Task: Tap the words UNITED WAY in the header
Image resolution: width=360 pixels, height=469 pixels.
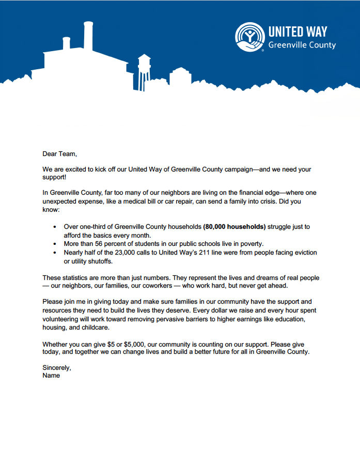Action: click(x=298, y=31)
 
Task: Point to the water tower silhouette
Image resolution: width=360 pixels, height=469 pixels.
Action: click(x=144, y=68)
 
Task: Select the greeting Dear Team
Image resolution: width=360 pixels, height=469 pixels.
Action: click(x=59, y=153)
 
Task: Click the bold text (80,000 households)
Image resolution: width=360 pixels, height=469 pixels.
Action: click(x=234, y=227)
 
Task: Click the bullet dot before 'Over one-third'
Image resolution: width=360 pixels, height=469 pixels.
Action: click(x=55, y=227)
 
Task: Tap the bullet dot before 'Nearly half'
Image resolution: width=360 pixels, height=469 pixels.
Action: click(x=55, y=253)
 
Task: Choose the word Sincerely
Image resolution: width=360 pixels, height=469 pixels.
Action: click(x=57, y=367)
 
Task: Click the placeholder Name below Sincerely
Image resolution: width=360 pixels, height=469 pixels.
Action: click(x=51, y=376)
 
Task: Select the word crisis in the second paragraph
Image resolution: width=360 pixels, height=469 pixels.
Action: click(x=262, y=202)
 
